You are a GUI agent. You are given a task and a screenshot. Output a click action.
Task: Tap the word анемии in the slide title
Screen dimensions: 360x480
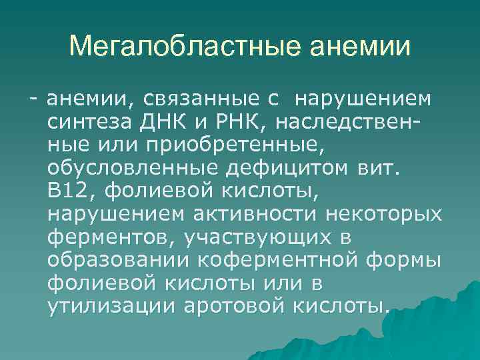click(x=363, y=47)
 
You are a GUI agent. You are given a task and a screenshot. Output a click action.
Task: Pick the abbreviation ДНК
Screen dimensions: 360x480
click(x=155, y=123)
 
